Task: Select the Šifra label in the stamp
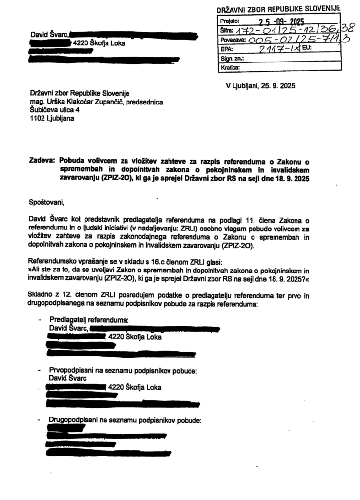click(x=227, y=31)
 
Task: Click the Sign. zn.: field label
click(x=232, y=59)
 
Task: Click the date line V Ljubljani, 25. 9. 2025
click(x=260, y=85)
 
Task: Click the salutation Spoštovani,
click(x=47, y=200)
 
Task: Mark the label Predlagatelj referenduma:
click(x=88, y=320)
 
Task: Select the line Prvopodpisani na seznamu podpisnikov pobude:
click(x=123, y=371)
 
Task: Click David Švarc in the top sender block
click(x=49, y=35)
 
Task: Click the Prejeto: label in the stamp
click(x=230, y=22)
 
